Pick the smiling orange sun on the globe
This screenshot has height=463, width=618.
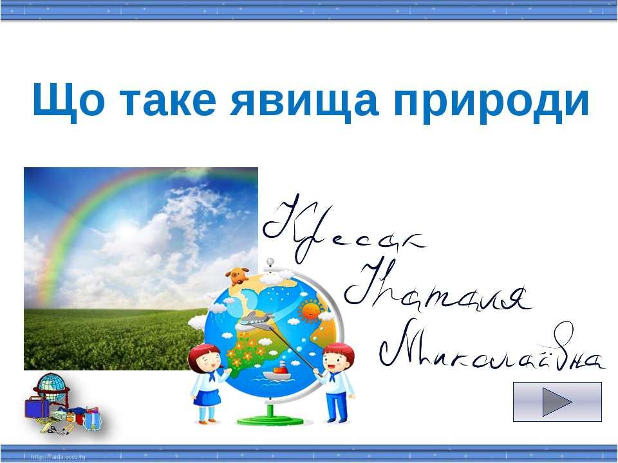click(311, 311)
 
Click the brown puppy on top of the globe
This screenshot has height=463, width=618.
click(238, 275)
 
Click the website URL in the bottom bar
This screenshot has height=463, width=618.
click(58, 457)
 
